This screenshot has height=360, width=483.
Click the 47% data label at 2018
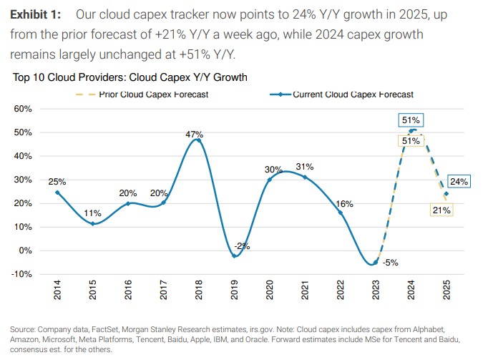tap(195, 134)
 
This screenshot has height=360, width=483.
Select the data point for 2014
tap(57, 193)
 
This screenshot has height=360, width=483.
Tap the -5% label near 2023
tap(391, 263)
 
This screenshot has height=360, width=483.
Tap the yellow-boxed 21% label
tap(441, 210)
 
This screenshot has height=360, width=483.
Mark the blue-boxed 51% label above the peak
tap(411, 120)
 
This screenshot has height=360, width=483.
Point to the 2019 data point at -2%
tap(234, 256)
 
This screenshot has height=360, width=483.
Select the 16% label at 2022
tap(344, 203)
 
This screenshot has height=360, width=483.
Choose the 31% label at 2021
tap(305, 166)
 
